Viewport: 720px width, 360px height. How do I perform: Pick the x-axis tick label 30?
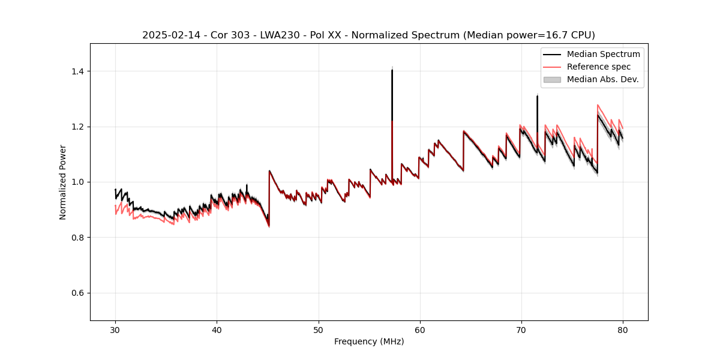click(115, 330)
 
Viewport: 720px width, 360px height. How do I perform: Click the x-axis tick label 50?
click(318, 330)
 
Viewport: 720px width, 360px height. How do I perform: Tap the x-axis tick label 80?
click(622, 330)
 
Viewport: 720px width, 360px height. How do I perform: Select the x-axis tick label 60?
click(419, 330)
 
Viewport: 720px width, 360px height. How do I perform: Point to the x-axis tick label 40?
click(217, 330)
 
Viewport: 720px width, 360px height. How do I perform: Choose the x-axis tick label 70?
click(521, 330)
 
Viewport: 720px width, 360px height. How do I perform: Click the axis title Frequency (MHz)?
click(369, 341)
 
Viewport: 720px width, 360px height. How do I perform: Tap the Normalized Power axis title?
click(63, 182)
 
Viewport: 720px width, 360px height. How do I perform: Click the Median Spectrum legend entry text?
click(603, 54)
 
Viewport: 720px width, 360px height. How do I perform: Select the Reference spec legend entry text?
click(598, 67)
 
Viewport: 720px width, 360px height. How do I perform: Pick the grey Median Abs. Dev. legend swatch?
click(552, 79)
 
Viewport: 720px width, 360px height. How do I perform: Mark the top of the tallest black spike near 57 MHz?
click(392, 70)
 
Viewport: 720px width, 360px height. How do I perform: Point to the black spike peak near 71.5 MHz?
click(537, 96)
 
